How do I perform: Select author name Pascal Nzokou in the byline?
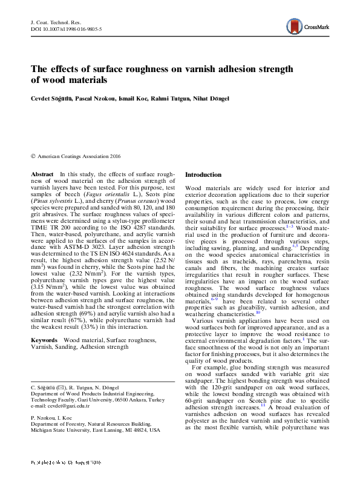point(94,98)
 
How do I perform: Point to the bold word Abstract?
point(42,174)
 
